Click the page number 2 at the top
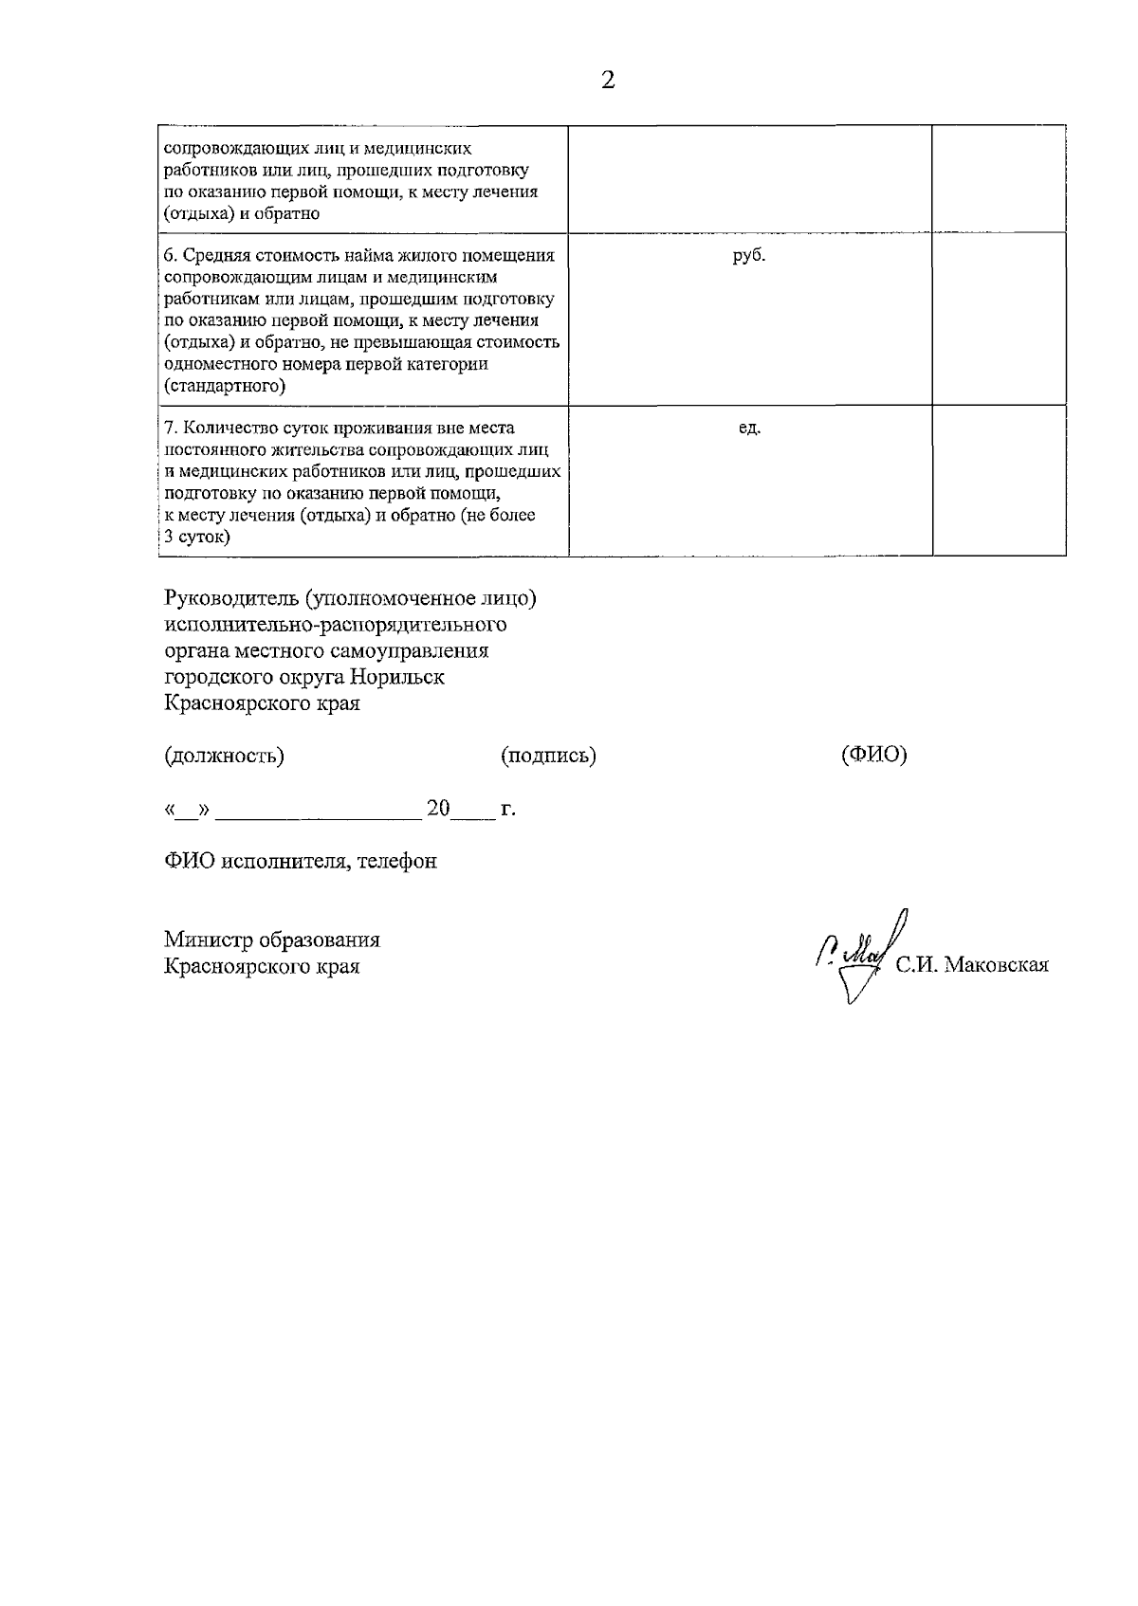608,81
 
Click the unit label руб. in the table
748,256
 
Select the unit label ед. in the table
749,429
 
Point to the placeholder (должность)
224,756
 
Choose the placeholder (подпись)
548,756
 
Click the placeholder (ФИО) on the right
873,755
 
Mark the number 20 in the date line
438,809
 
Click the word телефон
398,861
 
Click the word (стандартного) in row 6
225,386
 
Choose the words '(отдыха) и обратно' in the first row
242,213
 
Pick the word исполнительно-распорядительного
335,625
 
